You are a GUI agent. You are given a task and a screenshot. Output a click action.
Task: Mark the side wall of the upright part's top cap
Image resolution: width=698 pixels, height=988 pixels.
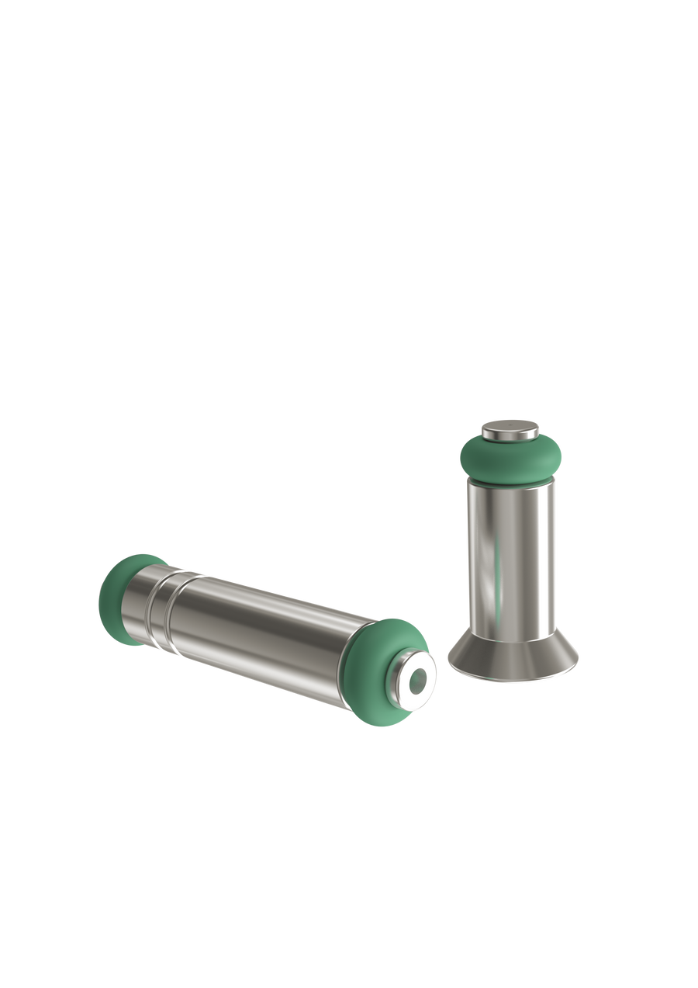point(509,435)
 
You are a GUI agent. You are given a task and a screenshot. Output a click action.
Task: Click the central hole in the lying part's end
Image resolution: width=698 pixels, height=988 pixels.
point(417,680)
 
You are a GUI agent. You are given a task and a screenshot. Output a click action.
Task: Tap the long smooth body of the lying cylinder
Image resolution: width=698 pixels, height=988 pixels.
point(264,636)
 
